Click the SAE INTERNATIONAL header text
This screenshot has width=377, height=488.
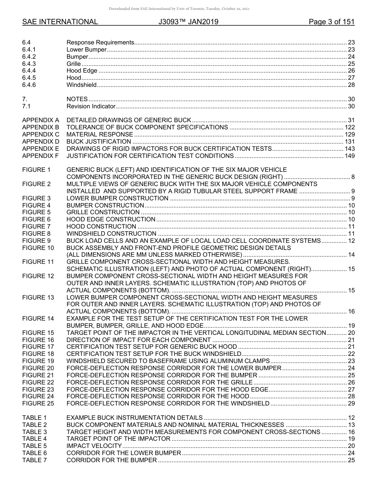click(60, 22)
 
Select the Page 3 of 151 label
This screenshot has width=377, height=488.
click(331, 22)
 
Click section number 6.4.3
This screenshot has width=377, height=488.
click(29, 64)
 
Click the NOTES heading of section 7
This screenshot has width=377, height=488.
click(77, 99)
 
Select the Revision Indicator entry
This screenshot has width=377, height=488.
click(91, 106)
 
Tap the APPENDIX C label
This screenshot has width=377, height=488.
click(40, 134)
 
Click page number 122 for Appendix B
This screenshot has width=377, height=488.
click(349, 127)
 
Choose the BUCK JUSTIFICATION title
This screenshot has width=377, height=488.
click(99, 142)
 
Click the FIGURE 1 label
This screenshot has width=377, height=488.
click(37, 170)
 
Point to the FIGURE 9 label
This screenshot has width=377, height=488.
click(37, 241)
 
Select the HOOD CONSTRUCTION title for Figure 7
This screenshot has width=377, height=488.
click(101, 227)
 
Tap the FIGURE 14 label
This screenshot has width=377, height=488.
click(38, 319)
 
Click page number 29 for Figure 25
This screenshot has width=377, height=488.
click(351, 403)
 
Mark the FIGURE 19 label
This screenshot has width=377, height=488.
click(38, 361)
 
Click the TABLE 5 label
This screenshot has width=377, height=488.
click(35, 446)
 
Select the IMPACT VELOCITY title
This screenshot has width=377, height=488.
click(94, 446)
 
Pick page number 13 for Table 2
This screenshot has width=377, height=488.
click(351, 425)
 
